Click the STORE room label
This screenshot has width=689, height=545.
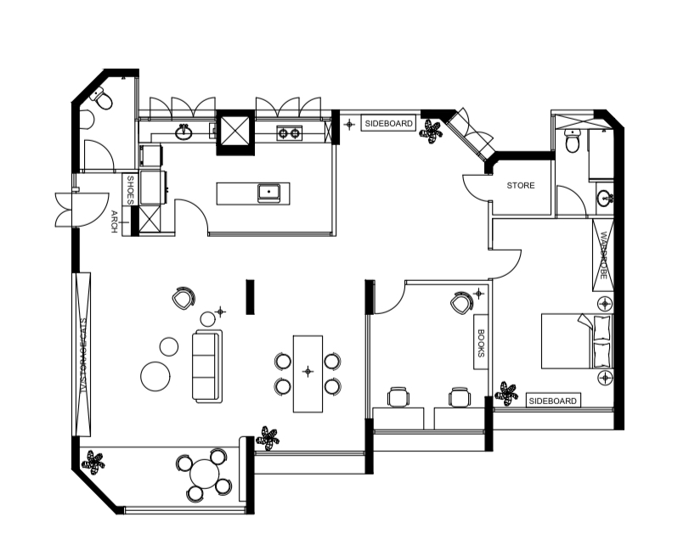[521, 185]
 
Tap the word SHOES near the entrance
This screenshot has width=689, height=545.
[131, 189]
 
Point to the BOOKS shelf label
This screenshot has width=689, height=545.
[481, 344]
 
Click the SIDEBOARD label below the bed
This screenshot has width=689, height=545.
[553, 401]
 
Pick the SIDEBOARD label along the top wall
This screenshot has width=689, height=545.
[388, 124]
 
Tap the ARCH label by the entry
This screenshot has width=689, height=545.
[114, 222]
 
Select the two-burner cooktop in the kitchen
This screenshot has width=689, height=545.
[289, 132]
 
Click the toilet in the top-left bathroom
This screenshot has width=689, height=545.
[102, 100]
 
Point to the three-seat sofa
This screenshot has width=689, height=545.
[206, 367]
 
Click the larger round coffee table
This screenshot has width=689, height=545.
[156, 376]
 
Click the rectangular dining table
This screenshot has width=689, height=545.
[308, 373]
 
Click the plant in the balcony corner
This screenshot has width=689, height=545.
[93, 461]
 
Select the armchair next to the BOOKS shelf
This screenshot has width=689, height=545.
[462, 301]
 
